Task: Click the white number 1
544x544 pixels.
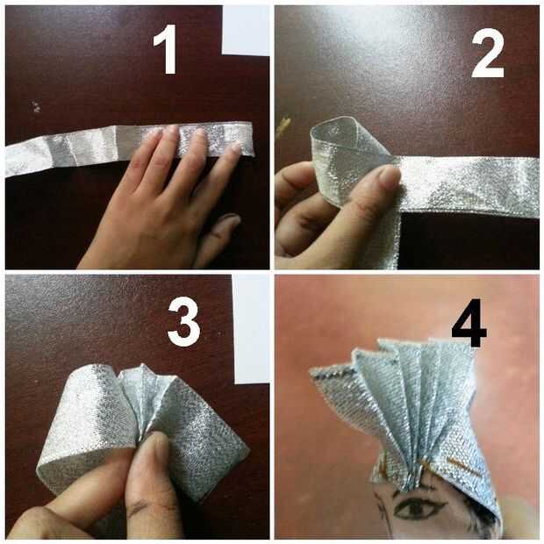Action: tap(166, 49)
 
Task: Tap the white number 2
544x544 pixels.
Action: tap(488, 52)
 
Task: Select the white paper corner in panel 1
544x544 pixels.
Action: tap(246, 31)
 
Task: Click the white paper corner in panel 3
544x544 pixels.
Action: tap(250, 330)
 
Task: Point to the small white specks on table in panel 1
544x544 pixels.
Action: tap(36, 107)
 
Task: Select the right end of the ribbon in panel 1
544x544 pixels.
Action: tap(252, 139)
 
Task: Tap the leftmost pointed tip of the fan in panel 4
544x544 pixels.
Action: tap(311, 371)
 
